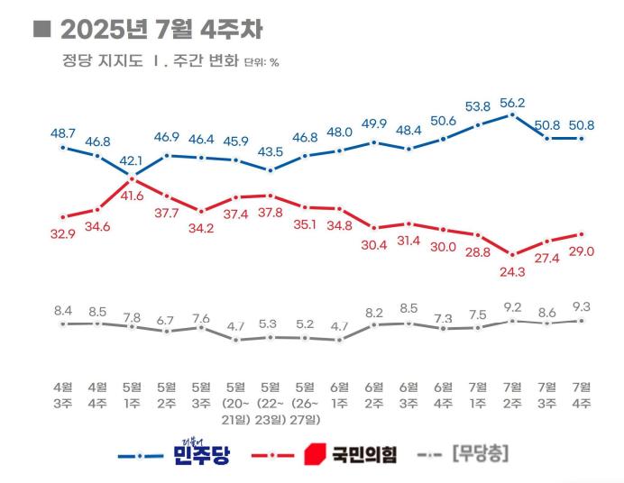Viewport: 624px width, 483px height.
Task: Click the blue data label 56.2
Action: pyautogui.click(x=512, y=102)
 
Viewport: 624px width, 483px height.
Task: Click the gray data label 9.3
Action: pyautogui.click(x=582, y=307)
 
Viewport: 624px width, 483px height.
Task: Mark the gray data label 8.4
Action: pyautogui.click(x=62, y=310)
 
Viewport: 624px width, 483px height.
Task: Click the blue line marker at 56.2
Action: pyautogui.click(x=512, y=114)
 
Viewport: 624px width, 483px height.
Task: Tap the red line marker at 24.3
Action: pyautogui.click(x=512, y=255)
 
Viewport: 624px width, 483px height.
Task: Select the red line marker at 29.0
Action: pyautogui.click(x=582, y=234)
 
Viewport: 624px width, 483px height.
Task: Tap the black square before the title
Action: pyautogui.click(x=41, y=29)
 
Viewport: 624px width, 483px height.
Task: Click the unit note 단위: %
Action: pyautogui.click(x=262, y=63)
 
